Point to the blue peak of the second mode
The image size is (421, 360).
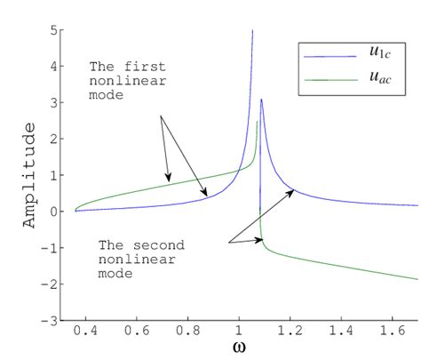[x=261, y=100]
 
